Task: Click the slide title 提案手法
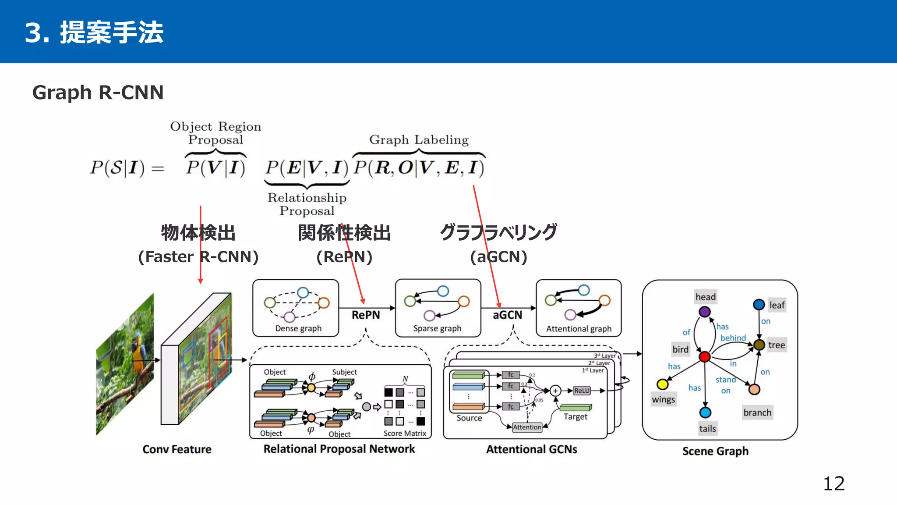111,32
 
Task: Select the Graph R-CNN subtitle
98,92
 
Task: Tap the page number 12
833,484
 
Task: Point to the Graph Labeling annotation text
419,140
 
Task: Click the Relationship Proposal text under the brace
307,204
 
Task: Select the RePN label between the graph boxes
366,315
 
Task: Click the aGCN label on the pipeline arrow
507,315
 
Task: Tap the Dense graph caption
298,328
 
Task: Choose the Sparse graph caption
437,328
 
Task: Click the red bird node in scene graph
704,356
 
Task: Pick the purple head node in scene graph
704,312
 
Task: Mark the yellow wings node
662,384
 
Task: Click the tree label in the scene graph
776,345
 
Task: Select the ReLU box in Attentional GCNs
582,391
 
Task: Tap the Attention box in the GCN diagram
527,427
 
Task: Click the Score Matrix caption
405,433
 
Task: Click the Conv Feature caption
177,449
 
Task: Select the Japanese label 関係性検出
344,233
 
